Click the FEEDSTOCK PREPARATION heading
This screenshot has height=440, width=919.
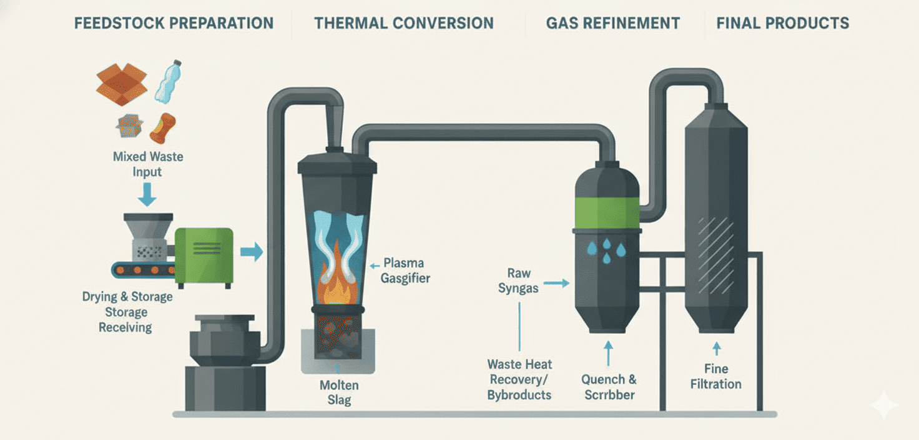tap(174, 24)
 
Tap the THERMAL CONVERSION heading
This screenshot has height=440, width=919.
tap(404, 24)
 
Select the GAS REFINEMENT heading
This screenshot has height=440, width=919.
tap(613, 24)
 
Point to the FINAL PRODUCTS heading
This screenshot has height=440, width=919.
tap(783, 24)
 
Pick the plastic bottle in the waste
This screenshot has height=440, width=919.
tap(168, 81)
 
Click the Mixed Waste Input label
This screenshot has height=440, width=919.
tap(148, 164)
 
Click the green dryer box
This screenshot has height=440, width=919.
tap(204, 255)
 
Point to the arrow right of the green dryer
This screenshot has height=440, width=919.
tap(252, 252)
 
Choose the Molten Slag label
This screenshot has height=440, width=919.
tap(339, 392)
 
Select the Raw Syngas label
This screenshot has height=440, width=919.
tap(518, 281)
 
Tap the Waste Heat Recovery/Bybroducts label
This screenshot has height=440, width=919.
tap(520, 379)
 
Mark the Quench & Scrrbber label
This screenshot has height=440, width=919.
tap(609, 387)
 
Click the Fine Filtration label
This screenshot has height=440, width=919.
tap(716, 376)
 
